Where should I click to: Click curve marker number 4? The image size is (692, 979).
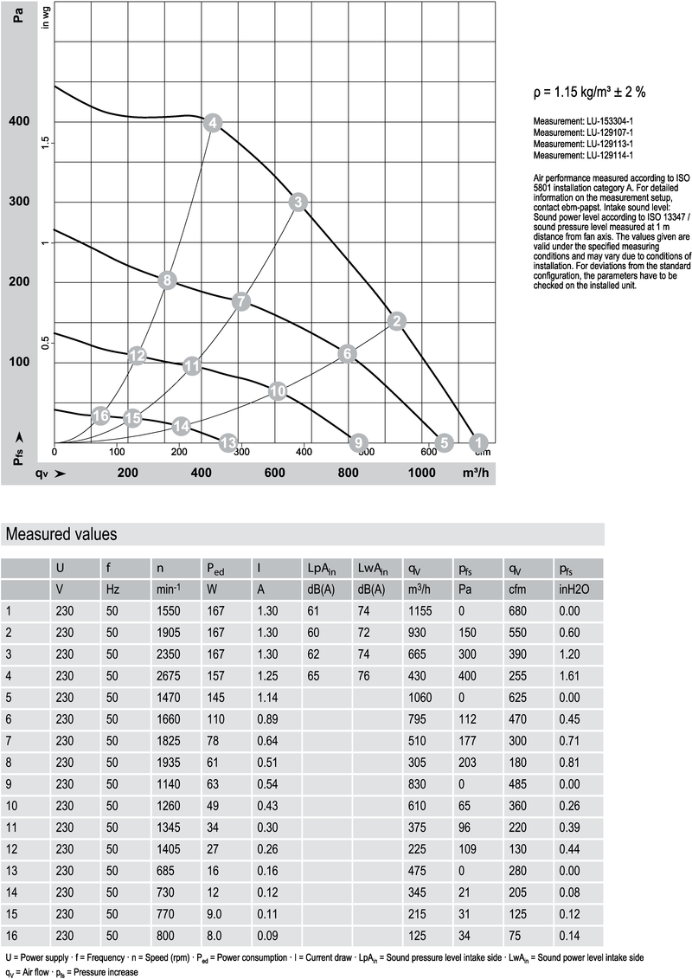click(x=213, y=123)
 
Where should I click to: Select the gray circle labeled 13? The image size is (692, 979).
click(x=228, y=443)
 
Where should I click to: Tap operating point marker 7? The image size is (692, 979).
click(x=241, y=301)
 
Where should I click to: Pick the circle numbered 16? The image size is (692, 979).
click(x=101, y=416)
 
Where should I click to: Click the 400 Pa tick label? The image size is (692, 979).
click(x=19, y=121)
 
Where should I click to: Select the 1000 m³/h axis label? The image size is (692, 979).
click(x=422, y=473)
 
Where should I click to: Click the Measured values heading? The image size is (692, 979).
click(x=61, y=534)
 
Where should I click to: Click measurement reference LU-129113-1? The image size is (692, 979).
click(x=584, y=144)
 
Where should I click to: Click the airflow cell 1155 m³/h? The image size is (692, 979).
click(x=420, y=611)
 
